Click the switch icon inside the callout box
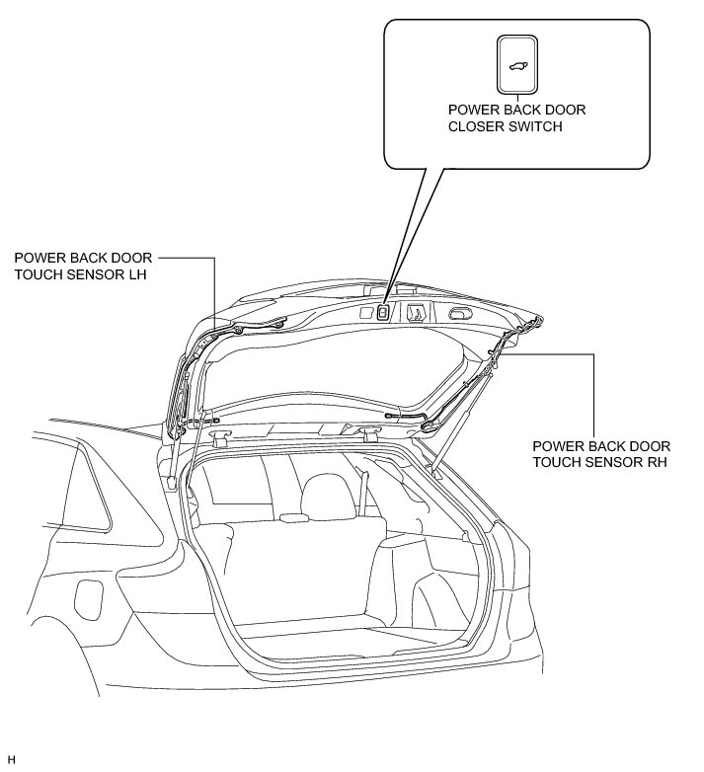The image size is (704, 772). click(x=517, y=64)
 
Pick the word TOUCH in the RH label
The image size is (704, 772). click(x=555, y=462)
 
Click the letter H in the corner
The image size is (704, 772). click(x=11, y=759)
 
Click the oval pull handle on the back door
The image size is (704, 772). click(x=460, y=314)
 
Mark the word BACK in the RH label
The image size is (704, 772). click(x=602, y=445)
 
